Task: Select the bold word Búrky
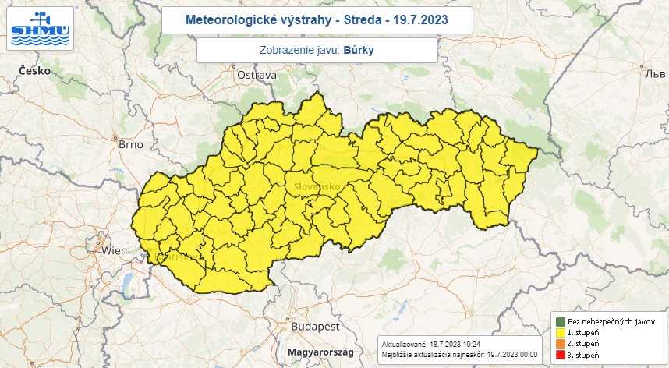[x=359, y=50]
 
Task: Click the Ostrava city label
[x=257, y=75]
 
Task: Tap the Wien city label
[x=114, y=250]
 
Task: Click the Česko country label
[x=35, y=71]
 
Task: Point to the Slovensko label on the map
[x=317, y=187]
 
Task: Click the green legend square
[x=560, y=321]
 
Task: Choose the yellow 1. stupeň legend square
[x=560, y=332]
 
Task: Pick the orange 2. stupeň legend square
[x=560, y=344]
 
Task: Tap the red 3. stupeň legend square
[x=560, y=356]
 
